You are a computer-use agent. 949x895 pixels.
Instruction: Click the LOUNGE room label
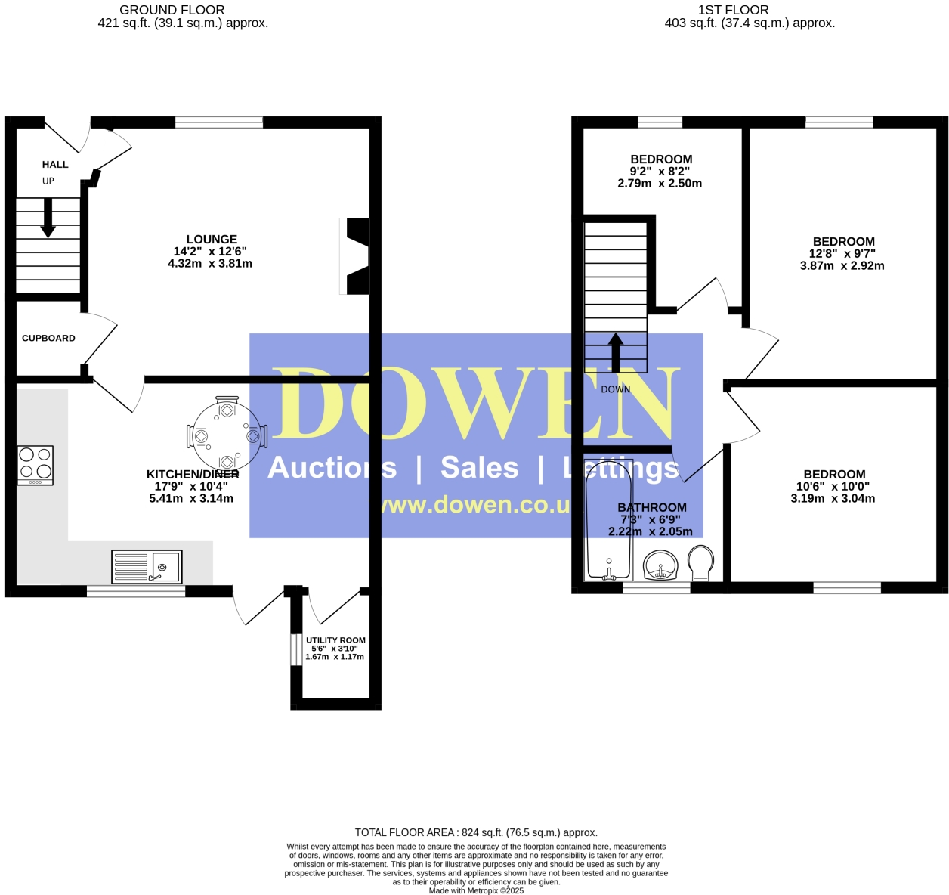point(212,240)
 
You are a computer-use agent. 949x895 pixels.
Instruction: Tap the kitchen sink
point(147,566)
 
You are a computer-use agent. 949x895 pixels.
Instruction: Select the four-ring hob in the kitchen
point(36,465)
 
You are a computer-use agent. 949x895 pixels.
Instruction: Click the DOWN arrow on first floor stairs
point(616,352)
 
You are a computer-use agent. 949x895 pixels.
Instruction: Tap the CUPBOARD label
point(48,338)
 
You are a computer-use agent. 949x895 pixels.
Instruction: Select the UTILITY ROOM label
point(335,640)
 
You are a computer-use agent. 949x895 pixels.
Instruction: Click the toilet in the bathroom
point(701,563)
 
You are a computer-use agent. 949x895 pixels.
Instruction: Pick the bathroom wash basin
point(661,565)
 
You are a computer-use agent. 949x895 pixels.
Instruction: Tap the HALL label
point(55,164)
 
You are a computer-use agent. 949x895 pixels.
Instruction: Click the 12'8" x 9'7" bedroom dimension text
point(842,254)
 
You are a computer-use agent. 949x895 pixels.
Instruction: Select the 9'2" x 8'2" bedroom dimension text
point(660,172)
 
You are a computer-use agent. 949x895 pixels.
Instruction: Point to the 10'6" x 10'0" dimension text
point(833,487)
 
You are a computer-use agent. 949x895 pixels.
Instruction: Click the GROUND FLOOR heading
point(172,10)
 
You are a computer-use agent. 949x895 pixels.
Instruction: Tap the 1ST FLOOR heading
point(733,10)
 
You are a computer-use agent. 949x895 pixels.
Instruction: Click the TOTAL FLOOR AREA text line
point(476,832)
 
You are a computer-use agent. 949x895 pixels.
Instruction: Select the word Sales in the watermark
point(480,468)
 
